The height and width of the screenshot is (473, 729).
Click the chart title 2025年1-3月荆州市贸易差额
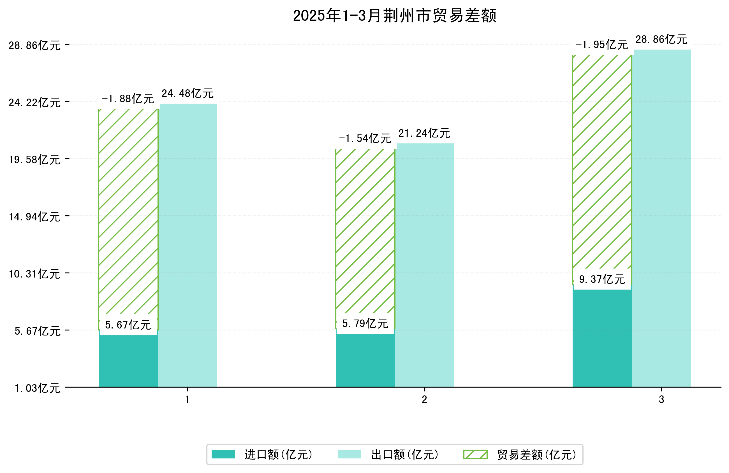(395, 16)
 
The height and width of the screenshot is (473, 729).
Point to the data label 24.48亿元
(188, 93)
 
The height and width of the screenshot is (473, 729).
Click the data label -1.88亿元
(128, 99)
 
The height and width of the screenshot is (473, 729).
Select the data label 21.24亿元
(424, 133)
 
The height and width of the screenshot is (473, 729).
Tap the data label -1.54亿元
(365, 138)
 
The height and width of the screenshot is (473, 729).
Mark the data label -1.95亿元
(602, 45)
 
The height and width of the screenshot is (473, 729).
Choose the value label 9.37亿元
(602, 279)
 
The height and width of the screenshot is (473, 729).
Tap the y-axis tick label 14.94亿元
(34, 217)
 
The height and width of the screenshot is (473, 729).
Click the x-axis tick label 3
(662, 400)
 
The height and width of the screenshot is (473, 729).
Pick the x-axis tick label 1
(188, 400)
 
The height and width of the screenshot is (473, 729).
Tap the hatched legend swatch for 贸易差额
(475, 455)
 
